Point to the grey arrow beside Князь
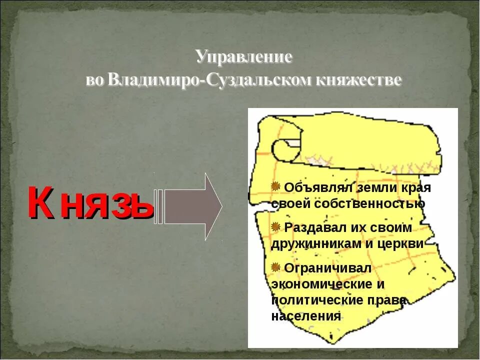click(192, 206)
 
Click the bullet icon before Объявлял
click(275, 186)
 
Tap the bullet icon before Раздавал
click(275, 226)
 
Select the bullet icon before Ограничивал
click(275, 267)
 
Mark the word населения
click(306, 316)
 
